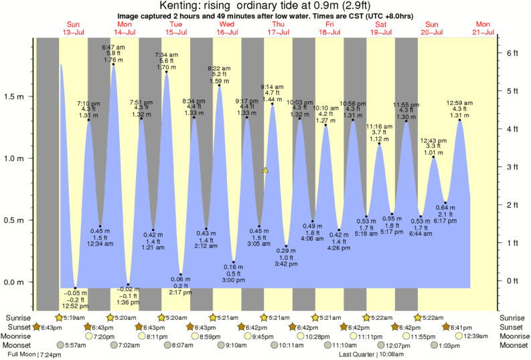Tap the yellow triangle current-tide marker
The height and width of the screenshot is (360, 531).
tap(266, 171)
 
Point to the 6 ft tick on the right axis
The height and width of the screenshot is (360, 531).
tap(512, 52)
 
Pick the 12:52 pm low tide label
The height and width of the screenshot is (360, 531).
tap(75, 306)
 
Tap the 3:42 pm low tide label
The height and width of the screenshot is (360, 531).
tap(286, 264)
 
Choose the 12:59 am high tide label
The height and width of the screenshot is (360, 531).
tap(459, 103)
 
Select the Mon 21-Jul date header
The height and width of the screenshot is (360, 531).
tap(484, 27)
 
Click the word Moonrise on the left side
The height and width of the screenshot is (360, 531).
tap(18, 336)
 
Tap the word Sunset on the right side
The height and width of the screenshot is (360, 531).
tap(514, 327)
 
